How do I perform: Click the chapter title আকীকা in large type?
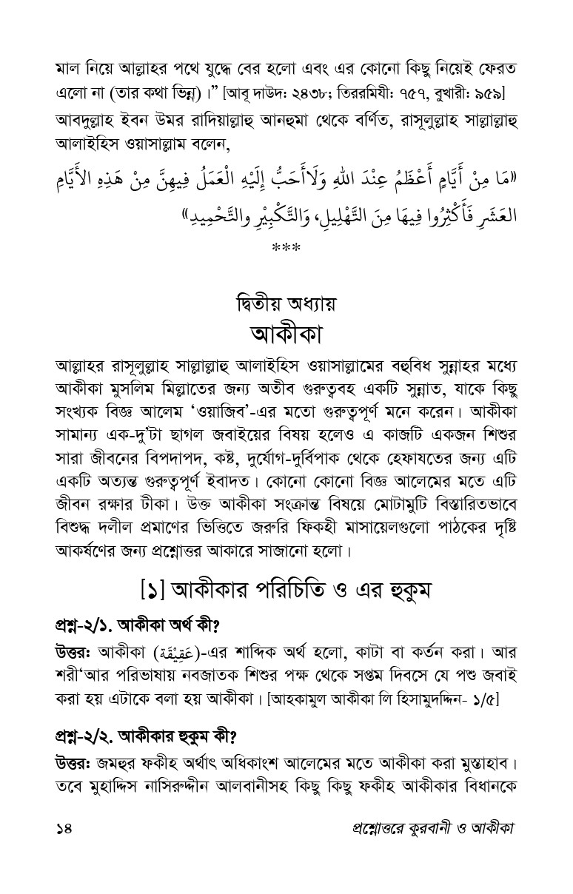286,331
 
